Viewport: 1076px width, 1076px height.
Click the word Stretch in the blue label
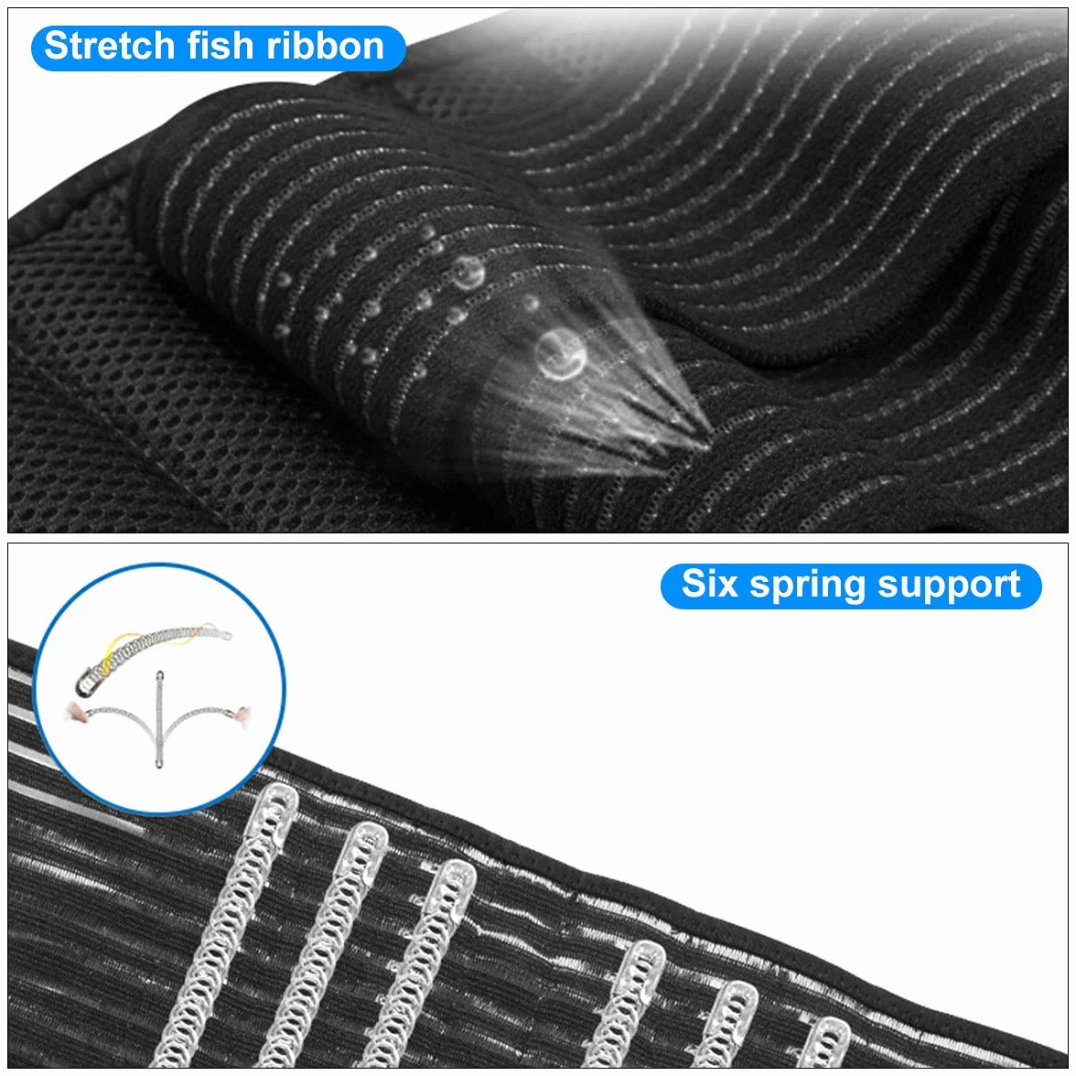click(x=110, y=46)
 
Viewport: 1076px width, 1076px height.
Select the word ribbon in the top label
click(x=325, y=46)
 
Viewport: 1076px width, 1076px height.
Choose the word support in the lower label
click(x=948, y=587)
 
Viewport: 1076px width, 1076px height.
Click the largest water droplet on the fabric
click(x=561, y=354)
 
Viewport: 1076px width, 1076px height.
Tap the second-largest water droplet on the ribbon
click(x=468, y=273)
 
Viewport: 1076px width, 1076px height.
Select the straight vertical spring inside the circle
click(x=159, y=719)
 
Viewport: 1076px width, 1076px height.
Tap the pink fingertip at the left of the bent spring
click(x=75, y=712)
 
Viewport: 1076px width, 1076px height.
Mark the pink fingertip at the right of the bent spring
click(x=242, y=714)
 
